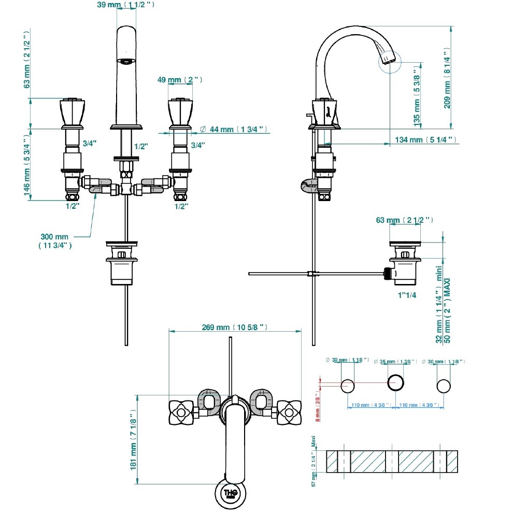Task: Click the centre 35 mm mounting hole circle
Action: coord(396,384)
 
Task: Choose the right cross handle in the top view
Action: coord(288,413)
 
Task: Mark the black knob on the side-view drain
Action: coord(386,273)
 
